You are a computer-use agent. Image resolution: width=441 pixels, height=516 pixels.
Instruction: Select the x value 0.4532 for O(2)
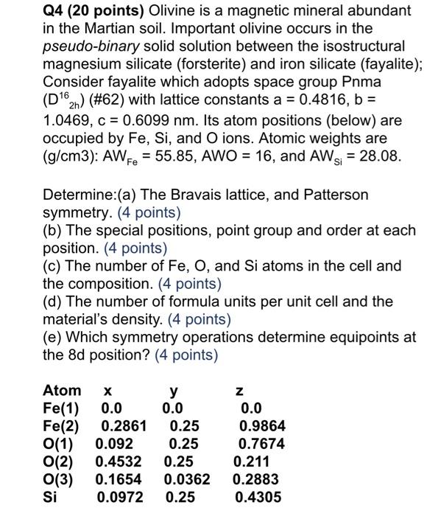[x=120, y=461]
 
